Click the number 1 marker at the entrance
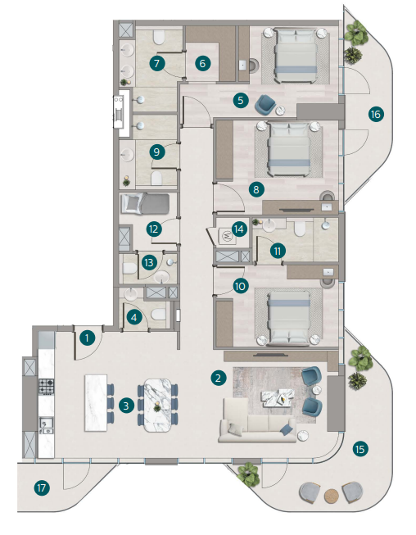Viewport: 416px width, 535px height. coord(88,338)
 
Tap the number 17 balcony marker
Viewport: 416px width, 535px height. coord(42,488)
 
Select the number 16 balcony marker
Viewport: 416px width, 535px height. coord(376,115)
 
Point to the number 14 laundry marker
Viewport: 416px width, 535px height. coord(238,229)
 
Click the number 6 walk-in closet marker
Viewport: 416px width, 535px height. coord(202,63)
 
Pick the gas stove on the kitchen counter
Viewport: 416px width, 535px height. coord(46,386)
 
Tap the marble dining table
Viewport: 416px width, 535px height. coord(157,405)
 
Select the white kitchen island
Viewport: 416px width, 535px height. coord(96,403)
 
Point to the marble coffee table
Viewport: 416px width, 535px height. coord(278,397)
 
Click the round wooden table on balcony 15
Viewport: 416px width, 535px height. coord(331,496)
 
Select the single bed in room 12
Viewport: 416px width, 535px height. coord(145,204)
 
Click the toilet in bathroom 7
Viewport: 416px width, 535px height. coord(159,38)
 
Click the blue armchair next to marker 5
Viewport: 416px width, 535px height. coord(265,104)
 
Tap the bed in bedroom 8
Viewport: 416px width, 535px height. coord(289,150)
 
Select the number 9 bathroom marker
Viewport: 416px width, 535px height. coord(156,152)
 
